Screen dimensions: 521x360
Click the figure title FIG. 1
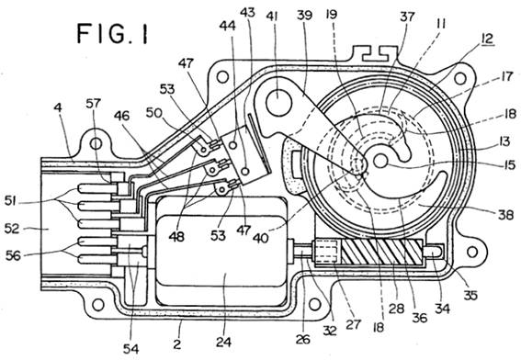pyautogui.click(x=112, y=34)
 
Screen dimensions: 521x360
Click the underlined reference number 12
pyautogui.click(x=486, y=39)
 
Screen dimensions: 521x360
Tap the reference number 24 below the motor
pyautogui.click(x=223, y=342)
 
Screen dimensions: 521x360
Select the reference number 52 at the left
pyautogui.click(x=12, y=229)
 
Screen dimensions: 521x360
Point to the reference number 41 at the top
pyautogui.click(x=273, y=17)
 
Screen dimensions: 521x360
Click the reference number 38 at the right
pyautogui.click(x=505, y=215)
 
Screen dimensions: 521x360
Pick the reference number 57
pyautogui.click(x=93, y=104)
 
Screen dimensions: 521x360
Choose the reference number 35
pyautogui.click(x=470, y=295)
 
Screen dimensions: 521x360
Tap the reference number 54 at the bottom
pyautogui.click(x=130, y=349)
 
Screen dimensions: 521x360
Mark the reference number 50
pyautogui.click(x=154, y=113)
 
